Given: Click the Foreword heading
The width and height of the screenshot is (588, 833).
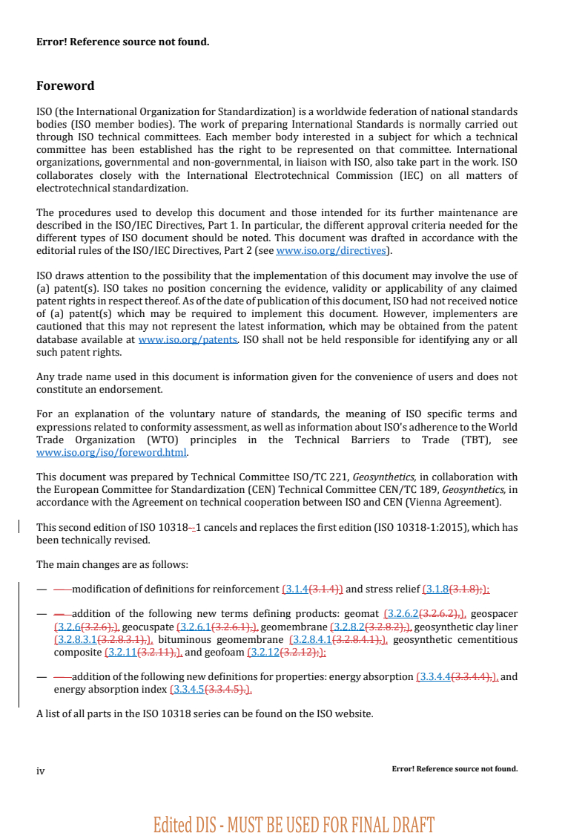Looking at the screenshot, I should [65, 86].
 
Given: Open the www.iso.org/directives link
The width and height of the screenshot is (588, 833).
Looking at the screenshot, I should [331, 251].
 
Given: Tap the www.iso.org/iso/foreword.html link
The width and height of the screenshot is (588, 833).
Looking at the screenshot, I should [112, 452].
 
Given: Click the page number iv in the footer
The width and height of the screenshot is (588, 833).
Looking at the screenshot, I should [41, 771].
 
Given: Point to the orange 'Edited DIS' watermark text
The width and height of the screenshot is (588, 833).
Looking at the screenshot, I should [294, 824].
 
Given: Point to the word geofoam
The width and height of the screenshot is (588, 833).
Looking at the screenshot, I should [225, 653].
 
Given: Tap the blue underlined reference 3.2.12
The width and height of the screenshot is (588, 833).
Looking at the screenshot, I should [264, 653].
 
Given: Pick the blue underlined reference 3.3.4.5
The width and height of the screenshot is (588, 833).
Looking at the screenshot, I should [188, 690].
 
